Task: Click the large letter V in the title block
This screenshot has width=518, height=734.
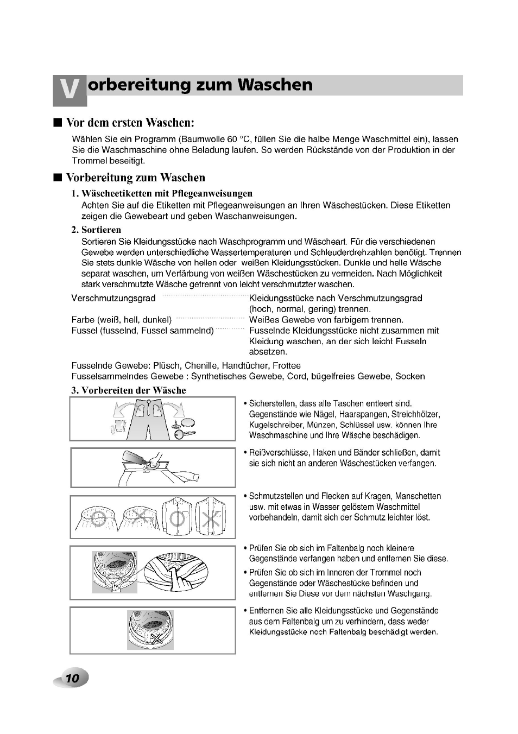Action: [x=70, y=91]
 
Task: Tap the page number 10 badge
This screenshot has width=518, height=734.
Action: [x=72, y=678]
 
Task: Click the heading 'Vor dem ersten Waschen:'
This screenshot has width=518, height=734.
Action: [x=130, y=122]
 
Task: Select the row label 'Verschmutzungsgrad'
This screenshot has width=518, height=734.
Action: [x=113, y=298]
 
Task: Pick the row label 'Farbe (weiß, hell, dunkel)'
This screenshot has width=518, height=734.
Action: [x=122, y=320]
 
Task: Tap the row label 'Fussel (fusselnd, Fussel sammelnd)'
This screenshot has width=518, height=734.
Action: [x=143, y=331]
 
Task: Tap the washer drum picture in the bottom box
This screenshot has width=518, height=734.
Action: [x=150, y=630]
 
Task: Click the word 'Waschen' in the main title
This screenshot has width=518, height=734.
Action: [x=277, y=85]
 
